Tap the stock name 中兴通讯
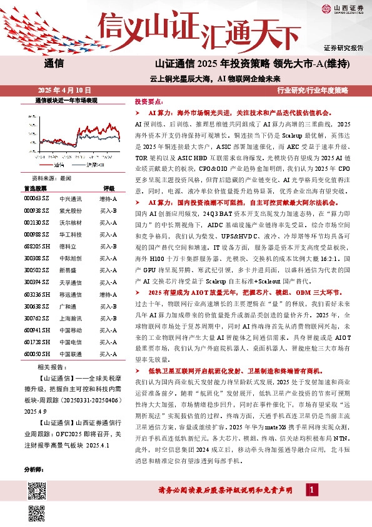[71, 198]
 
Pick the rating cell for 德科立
[108, 247]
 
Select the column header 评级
[109, 188]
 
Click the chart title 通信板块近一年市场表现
[66, 100]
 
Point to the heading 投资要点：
[149, 101]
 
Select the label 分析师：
[33, 469]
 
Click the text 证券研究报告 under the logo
[343, 48]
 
